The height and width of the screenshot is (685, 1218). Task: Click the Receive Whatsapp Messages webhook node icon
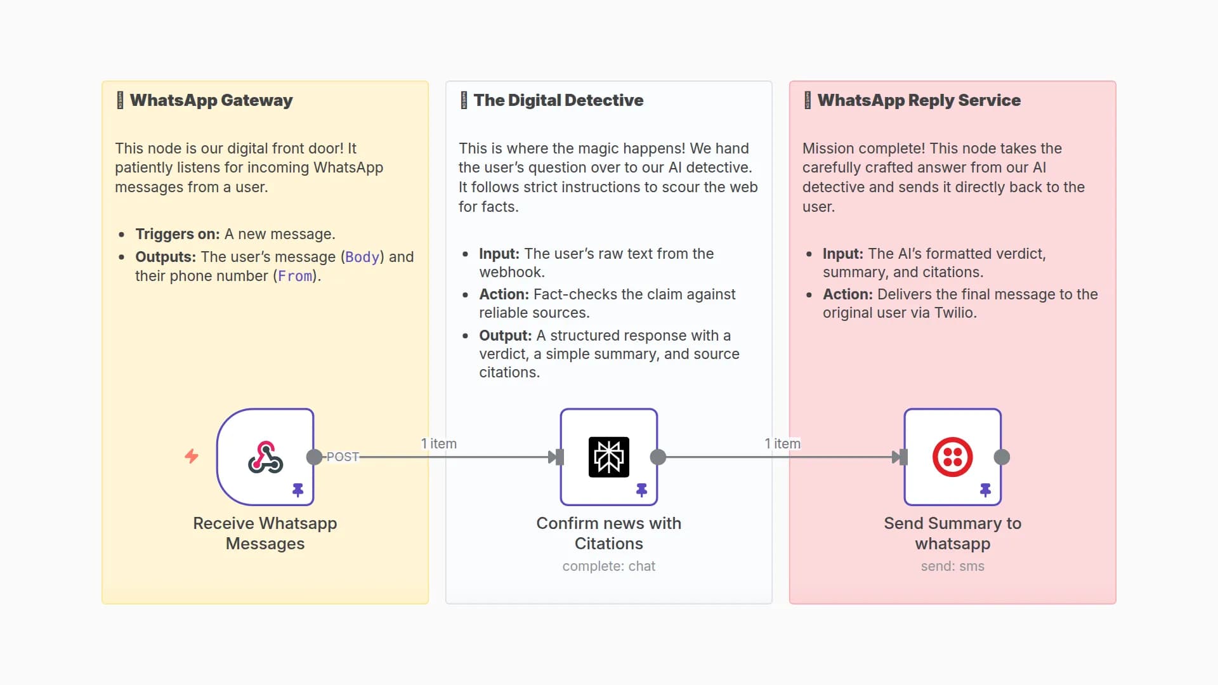point(265,457)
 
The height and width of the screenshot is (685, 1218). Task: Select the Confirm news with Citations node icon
point(608,457)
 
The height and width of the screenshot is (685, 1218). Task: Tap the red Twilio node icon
point(952,457)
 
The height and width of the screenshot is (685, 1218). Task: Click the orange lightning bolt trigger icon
point(192,456)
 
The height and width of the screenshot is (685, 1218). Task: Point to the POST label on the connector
point(343,457)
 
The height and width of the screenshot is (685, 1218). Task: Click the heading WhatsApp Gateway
point(211,100)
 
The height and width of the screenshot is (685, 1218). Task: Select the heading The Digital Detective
point(558,100)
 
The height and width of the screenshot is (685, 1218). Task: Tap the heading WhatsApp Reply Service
point(919,100)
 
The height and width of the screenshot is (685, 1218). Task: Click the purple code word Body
point(362,257)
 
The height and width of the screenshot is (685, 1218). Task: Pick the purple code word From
point(295,277)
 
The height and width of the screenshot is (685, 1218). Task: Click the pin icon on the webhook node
point(298,490)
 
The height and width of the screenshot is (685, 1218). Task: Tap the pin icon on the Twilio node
point(985,490)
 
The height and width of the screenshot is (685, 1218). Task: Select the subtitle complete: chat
point(608,566)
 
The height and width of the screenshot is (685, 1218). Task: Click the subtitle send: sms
point(952,566)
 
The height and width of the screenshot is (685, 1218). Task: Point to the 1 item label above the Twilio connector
point(782,444)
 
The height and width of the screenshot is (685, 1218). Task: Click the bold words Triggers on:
point(177,234)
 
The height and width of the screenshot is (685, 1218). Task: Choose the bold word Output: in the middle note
point(505,336)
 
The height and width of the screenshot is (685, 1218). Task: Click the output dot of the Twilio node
point(1002,457)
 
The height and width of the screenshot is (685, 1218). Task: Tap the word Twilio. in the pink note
point(955,313)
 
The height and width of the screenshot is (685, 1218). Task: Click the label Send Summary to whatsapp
point(952,533)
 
